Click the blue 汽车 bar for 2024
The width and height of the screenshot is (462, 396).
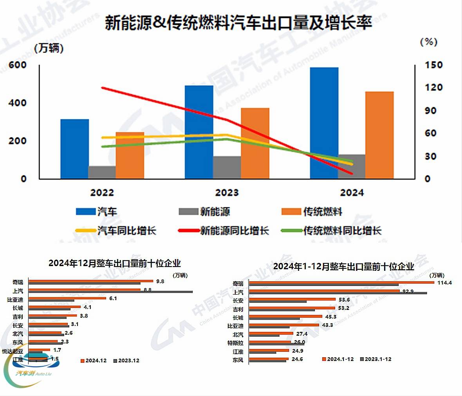324,123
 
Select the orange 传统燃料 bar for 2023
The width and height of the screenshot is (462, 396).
255,143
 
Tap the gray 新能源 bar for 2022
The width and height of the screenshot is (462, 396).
102,172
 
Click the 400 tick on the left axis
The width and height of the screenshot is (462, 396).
17,103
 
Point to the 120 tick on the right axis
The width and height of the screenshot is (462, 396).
434,87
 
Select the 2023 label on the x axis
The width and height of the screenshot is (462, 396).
227,193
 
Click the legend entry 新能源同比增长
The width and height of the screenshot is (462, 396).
234,230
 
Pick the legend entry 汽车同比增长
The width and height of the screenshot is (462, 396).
126,230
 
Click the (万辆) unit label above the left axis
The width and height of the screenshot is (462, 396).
49,48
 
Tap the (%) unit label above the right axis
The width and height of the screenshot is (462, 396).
429,42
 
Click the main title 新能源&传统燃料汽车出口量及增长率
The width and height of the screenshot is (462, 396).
238,23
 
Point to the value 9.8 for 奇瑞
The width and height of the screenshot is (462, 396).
160,281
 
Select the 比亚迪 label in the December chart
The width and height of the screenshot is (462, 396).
15,299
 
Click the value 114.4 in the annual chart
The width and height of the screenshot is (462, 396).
444,283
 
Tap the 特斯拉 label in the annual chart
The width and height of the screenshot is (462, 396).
235,343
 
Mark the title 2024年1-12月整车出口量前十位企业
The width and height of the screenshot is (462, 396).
343,266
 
